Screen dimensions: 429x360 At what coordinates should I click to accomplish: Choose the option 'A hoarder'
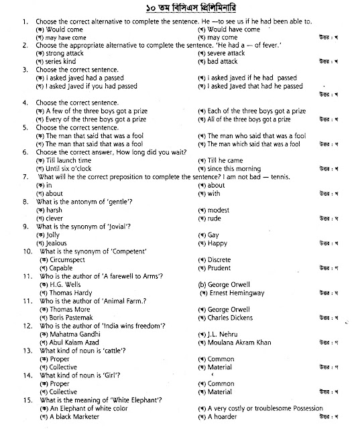(x=223, y=416)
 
